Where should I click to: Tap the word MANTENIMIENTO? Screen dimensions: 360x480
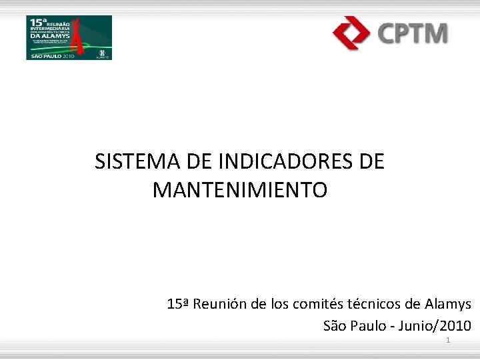pos(240,191)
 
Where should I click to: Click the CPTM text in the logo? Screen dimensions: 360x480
pos(413,33)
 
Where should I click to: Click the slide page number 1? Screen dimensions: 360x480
pos(448,341)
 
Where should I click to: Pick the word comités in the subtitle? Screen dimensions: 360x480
pos(315,305)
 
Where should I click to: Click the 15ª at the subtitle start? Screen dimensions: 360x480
pos(178,305)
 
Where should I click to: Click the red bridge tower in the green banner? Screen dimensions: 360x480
pos(80,37)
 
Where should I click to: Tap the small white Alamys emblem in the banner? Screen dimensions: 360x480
pos(101,53)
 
